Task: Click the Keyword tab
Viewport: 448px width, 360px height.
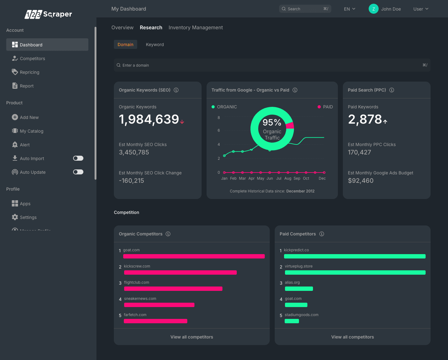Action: (155, 45)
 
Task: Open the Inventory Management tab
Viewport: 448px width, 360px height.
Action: (195, 27)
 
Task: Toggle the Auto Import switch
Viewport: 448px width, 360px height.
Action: (78, 158)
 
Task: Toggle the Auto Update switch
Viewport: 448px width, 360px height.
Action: (78, 172)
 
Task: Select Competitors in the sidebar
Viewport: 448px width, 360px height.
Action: (32, 59)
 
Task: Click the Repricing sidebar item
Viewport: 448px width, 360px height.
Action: (30, 72)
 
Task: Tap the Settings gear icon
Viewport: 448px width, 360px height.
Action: (15, 217)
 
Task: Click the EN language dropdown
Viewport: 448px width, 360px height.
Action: (349, 9)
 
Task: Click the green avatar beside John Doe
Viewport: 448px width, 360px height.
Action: (373, 9)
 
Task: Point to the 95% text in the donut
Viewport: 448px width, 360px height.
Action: (272, 122)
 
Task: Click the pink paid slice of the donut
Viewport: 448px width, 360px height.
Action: (290, 126)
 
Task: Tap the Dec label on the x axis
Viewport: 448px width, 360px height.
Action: (322, 178)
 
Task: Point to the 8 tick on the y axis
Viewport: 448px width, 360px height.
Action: (219, 118)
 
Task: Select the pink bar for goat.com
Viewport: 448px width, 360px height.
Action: (194, 256)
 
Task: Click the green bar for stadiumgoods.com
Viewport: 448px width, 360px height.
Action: (292, 321)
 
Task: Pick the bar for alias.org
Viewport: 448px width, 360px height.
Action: (299, 289)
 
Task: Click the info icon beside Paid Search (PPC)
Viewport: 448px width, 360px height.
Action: (392, 90)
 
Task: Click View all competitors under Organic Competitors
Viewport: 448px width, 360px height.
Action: (192, 337)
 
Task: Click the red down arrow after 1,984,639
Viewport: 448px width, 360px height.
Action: (182, 122)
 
